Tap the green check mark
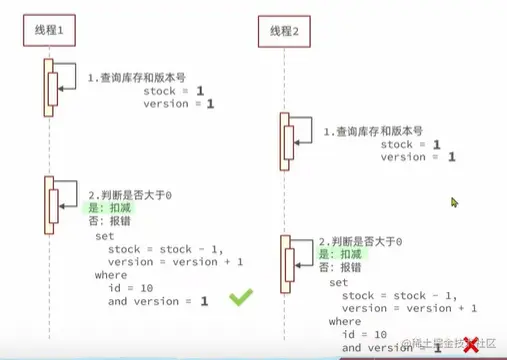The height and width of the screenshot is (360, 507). coord(240,298)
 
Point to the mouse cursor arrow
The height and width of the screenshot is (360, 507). coord(454,202)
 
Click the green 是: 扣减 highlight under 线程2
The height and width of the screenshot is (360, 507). coord(340,255)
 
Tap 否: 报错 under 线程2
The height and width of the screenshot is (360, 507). coord(340,268)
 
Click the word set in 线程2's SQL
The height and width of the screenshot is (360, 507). coord(338,283)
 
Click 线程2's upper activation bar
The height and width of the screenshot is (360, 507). coord(285,137)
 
